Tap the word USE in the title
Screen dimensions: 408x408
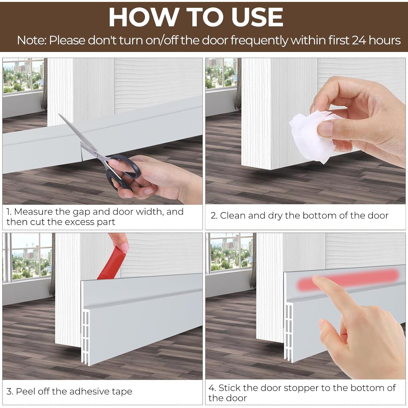(x=257, y=17)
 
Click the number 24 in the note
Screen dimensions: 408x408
(x=359, y=40)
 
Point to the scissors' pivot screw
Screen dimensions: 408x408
(x=95, y=154)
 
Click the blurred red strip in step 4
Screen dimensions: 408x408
(x=348, y=280)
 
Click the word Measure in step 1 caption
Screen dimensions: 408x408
(x=33, y=212)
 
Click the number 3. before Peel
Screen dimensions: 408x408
(x=10, y=391)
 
